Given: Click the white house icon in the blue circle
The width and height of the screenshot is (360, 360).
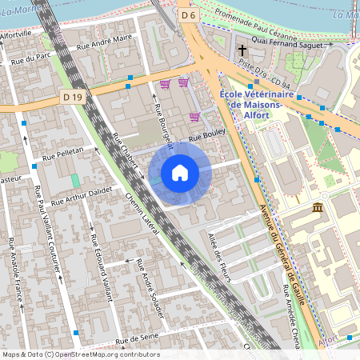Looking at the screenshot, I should point(180,172).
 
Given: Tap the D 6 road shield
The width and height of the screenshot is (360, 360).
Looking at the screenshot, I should point(188,15).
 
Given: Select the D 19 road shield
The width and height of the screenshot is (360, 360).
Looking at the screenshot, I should point(71,97).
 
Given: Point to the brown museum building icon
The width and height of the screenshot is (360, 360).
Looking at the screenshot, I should point(318,208).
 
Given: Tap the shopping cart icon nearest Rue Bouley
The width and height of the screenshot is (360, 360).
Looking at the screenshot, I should point(194,117).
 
